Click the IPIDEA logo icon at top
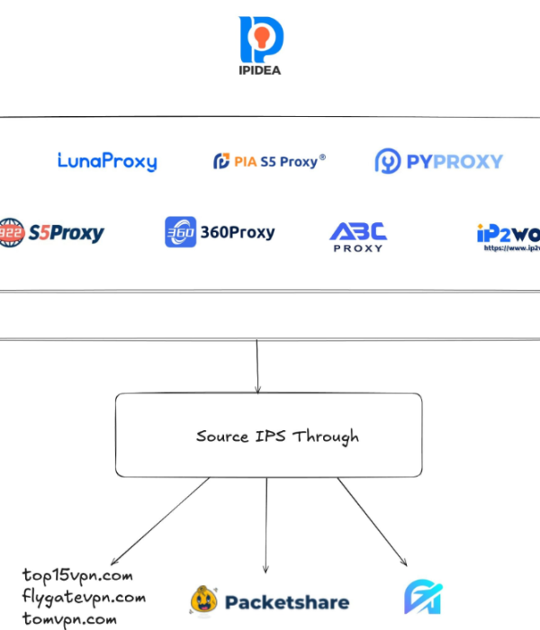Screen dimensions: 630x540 (261, 38)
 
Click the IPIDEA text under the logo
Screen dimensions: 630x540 (261, 70)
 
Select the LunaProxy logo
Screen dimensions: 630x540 (106, 162)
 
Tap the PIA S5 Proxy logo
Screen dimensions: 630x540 (269, 161)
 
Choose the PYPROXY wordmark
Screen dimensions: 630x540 (453, 162)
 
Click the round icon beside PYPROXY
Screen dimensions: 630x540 (388, 162)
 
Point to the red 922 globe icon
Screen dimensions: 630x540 (12, 232)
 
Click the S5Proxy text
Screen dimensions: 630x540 (66, 233)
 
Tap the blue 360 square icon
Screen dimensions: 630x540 (180, 232)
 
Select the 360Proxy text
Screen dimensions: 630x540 (237, 232)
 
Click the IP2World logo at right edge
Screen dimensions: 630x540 (508, 236)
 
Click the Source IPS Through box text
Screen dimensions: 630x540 (277, 436)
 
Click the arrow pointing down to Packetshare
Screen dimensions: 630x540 (266, 526)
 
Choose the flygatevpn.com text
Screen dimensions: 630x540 (84, 597)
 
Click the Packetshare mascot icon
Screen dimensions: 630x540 (204, 600)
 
